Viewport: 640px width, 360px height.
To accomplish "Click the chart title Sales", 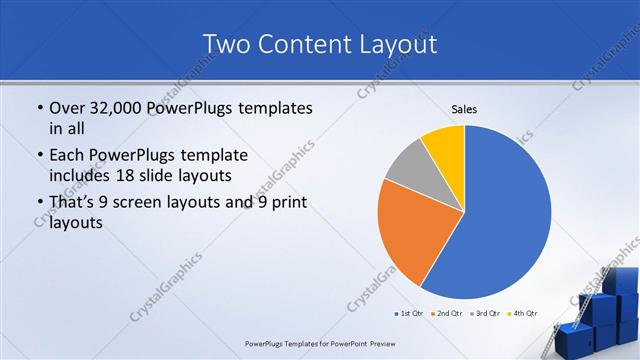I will point(464,108).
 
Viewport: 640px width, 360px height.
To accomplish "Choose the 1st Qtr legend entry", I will point(410,314).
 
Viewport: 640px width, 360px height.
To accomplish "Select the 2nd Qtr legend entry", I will point(448,314).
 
